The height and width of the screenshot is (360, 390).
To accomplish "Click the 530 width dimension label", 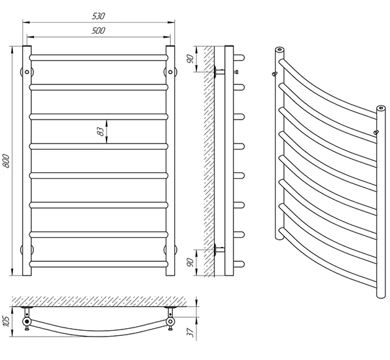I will point(99,15).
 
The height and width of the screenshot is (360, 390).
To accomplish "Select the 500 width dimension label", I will point(99,31).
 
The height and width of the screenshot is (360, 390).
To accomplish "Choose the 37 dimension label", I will point(189,332).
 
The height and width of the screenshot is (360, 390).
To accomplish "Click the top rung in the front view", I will point(99,58).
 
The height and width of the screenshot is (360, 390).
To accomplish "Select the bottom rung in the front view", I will point(99,263).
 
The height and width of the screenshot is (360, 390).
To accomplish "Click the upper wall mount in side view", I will point(218,71).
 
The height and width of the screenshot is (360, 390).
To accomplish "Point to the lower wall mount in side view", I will point(218,249).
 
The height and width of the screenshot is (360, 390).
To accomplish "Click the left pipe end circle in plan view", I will point(27,320).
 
